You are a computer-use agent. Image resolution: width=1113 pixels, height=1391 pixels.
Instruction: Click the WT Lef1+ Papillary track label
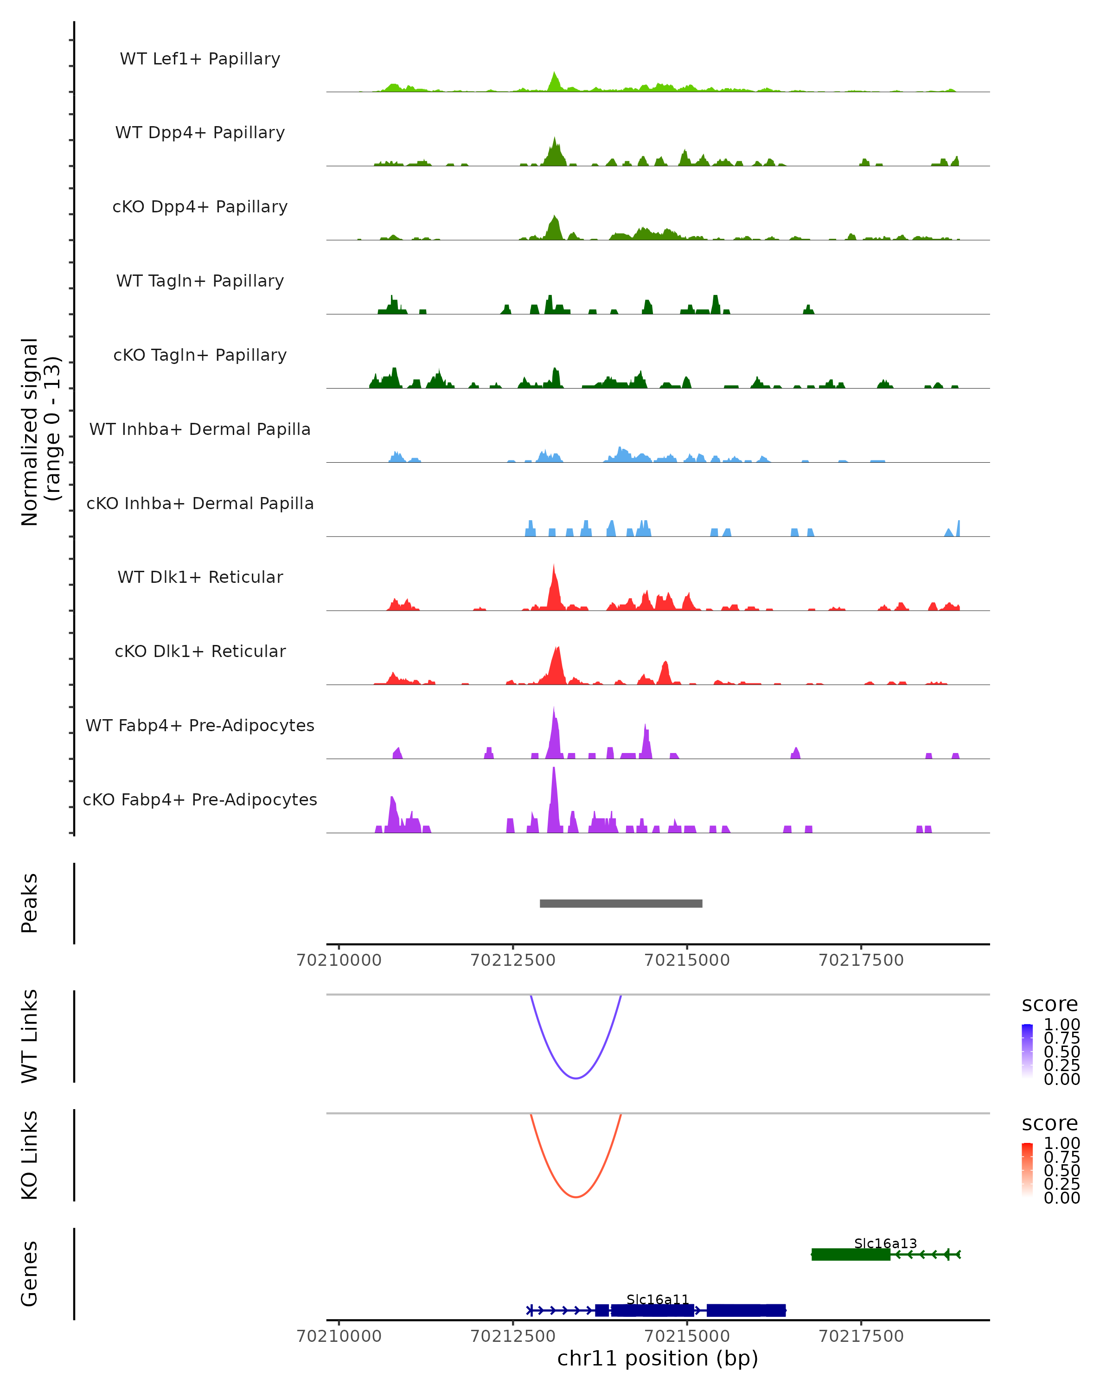coord(200,59)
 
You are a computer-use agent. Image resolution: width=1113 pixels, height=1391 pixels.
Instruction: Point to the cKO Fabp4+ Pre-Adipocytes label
coord(200,799)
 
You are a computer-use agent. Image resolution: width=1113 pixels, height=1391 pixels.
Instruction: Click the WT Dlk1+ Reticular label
coord(200,577)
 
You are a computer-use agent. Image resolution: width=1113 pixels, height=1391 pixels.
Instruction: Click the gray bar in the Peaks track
coord(620,903)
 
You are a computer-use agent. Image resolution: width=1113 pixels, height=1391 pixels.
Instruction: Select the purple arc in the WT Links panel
coord(576,1078)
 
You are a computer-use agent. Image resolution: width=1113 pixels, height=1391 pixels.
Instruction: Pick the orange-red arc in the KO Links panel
coord(576,1196)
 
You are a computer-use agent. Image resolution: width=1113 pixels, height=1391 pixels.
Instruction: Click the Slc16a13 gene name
coord(885,1243)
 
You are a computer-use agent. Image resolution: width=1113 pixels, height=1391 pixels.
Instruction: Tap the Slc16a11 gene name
coord(658,1299)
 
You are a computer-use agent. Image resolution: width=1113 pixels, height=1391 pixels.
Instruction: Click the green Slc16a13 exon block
coord(851,1254)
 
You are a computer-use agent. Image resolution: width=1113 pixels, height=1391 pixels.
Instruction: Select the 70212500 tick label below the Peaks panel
coord(513,960)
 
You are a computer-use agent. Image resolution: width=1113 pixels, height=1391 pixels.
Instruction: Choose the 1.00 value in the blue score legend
coord(1062,1025)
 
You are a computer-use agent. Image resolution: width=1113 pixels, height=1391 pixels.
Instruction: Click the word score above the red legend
coord(1050,1123)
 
